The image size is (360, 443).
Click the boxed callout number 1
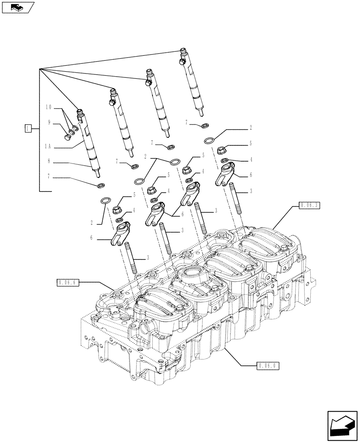[x=28, y=129]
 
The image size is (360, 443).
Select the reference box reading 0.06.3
[x=309, y=206]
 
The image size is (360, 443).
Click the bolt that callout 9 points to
[x=70, y=132]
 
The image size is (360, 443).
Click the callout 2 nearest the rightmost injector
[x=250, y=128]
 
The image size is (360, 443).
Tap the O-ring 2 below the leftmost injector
[x=106, y=201]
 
